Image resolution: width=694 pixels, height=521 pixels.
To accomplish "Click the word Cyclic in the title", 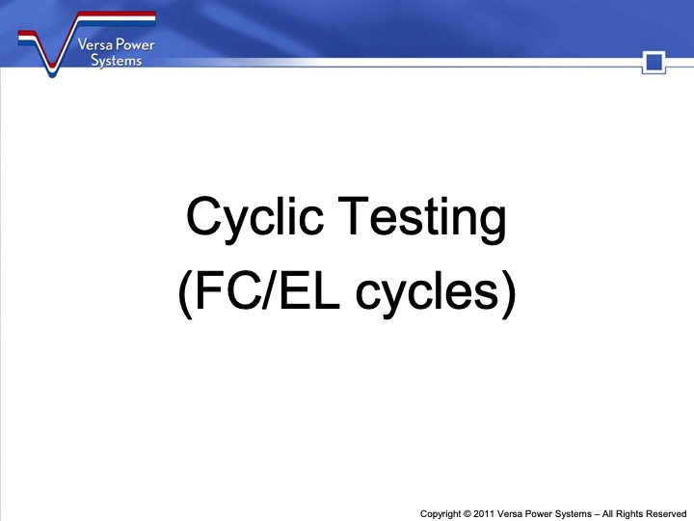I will pyautogui.click(x=254, y=218).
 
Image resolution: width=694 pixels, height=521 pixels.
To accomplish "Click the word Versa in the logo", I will pyautogui.click(x=90, y=44).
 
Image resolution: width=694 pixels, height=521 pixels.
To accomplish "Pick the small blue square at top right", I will pyautogui.click(x=654, y=64).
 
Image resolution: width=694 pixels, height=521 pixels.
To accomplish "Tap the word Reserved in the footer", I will pyautogui.click(x=666, y=512).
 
